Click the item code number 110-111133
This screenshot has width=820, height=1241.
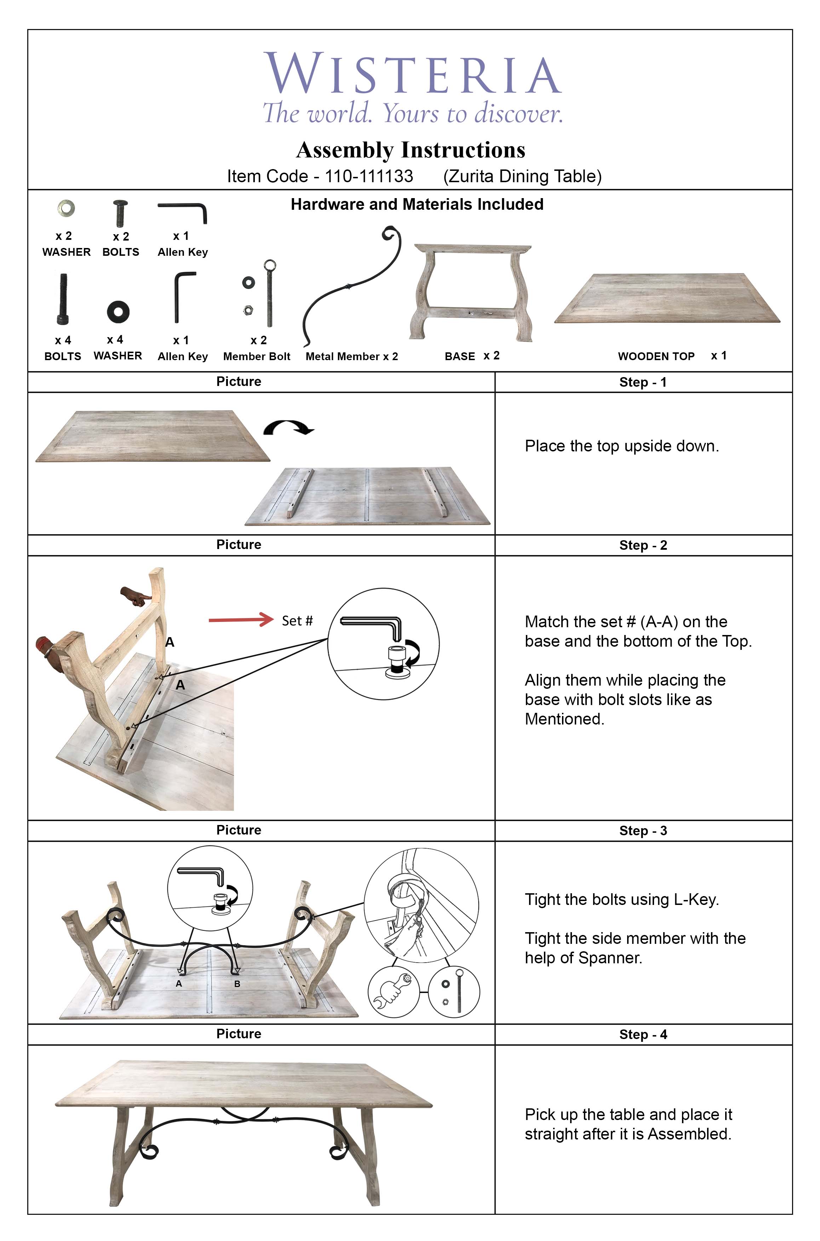pyautogui.click(x=369, y=176)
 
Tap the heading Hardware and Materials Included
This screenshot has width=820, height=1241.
pyautogui.click(x=417, y=204)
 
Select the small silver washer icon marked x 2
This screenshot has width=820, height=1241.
pyautogui.click(x=66, y=208)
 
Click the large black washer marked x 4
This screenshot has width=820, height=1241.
pyautogui.click(x=118, y=312)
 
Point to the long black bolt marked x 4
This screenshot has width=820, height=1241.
pyautogui.click(x=63, y=299)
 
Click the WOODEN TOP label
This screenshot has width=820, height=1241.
pyautogui.click(x=656, y=357)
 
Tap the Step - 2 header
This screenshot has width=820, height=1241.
pyautogui.click(x=643, y=545)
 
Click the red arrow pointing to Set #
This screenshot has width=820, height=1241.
pyautogui.click(x=241, y=620)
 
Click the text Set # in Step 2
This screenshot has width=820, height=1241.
pyautogui.click(x=297, y=621)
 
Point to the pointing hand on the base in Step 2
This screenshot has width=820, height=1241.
pyautogui.click(x=133, y=596)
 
